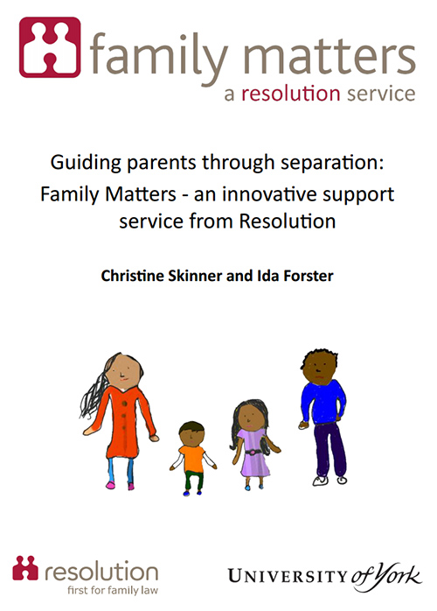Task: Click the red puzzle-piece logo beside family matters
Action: point(50,47)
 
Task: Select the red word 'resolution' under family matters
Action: point(291,94)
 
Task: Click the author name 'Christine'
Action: point(133,276)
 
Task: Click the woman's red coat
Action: point(124,421)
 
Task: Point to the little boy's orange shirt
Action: point(192,459)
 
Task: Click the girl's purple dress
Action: point(253,452)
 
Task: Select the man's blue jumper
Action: point(323,402)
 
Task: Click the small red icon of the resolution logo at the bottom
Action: point(25,568)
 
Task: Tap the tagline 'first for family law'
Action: point(113,590)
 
